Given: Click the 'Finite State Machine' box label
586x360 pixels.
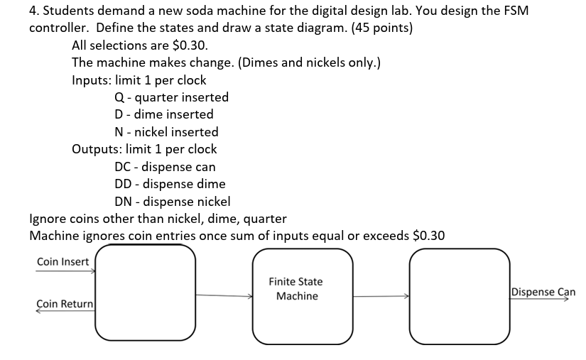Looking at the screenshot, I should click(296, 289).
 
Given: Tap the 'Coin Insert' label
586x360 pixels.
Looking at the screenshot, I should click(63, 262).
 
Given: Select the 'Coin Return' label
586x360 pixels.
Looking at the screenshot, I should click(65, 304).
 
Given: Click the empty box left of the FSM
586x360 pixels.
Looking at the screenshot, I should click(145, 293).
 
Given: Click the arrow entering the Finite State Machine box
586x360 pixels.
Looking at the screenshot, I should click(224, 295).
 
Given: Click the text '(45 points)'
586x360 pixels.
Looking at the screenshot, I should click(377, 28).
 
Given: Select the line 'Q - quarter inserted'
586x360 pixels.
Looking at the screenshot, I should click(171, 97).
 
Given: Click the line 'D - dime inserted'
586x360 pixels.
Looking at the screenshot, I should click(163, 114).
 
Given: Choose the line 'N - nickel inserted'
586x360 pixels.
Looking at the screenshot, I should click(166, 132).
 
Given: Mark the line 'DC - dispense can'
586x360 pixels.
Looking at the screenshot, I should click(165, 167).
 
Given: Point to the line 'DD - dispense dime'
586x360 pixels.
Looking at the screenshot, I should click(170, 184).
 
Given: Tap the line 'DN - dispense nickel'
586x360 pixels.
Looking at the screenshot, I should click(172, 202).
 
